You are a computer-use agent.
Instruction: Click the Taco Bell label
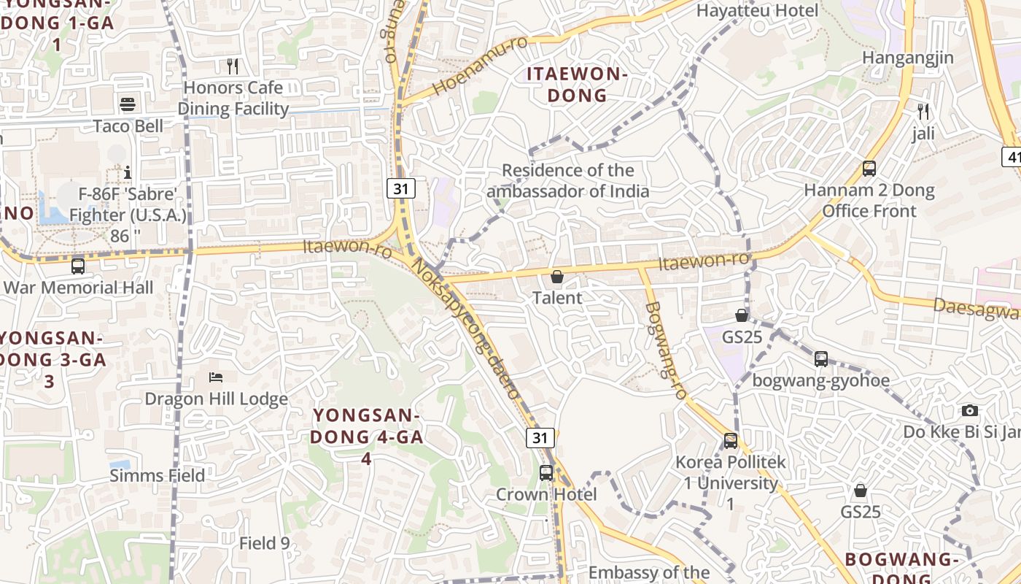(128, 126)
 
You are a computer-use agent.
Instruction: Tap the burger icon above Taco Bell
(128, 104)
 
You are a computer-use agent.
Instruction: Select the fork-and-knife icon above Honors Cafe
(233, 66)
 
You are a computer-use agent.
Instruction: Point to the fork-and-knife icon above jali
(923, 112)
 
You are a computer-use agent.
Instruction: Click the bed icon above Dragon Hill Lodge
(216, 377)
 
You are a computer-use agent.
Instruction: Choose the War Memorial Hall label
(79, 288)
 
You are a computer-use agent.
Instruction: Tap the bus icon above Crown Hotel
(546, 472)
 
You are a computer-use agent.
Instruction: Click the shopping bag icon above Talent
(557, 277)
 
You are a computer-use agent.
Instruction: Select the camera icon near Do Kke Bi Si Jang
(969, 410)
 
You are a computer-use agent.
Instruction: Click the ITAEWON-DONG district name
(577, 85)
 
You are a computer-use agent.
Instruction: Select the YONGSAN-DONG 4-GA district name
(367, 437)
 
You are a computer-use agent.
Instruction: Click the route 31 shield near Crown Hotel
(540, 437)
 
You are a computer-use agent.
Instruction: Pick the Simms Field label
(158, 476)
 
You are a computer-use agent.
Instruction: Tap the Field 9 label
(265, 543)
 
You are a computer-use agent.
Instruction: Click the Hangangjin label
(908, 58)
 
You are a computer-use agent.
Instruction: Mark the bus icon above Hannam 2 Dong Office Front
(869, 169)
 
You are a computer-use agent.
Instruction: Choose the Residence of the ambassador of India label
(568, 181)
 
